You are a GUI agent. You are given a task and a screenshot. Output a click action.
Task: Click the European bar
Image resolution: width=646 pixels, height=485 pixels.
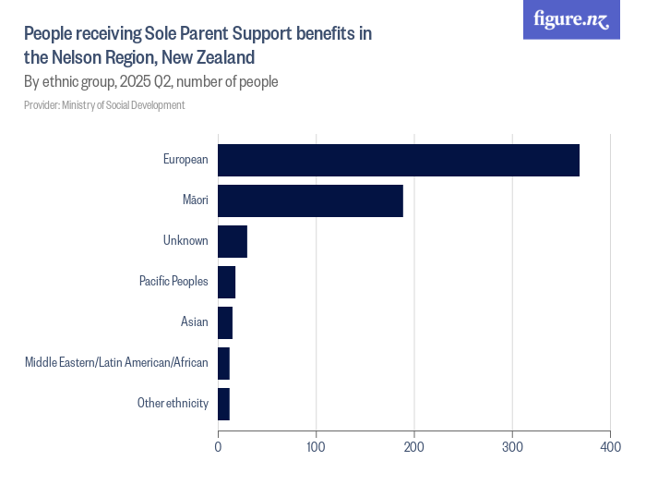tap(399, 160)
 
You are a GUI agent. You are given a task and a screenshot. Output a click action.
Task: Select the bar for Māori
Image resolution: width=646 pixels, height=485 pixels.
tap(310, 200)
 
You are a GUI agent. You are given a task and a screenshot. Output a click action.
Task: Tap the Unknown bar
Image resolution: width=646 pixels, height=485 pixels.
tap(233, 241)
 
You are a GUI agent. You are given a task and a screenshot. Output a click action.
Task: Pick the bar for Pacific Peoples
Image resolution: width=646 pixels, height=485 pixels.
tap(227, 282)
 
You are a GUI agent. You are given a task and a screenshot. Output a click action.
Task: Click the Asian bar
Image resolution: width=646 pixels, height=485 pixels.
tap(225, 322)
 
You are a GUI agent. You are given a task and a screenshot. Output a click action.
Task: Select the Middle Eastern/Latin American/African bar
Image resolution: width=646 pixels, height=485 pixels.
tap(223, 363)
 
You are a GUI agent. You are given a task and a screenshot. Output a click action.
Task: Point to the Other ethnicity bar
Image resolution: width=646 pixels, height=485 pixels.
tap(223, 404)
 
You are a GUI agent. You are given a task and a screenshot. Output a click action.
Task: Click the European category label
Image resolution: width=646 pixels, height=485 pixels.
tap(185, 160)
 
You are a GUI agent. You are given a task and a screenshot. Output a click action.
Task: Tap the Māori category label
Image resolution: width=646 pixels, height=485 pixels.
tap(195, 200)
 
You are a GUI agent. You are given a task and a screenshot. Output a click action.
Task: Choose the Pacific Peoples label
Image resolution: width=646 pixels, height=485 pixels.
tap(173, 282)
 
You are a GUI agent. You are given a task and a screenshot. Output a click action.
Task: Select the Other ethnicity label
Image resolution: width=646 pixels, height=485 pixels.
tap(173, 404)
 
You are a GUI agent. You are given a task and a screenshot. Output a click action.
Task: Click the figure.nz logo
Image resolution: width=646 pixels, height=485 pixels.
tap(571, 20)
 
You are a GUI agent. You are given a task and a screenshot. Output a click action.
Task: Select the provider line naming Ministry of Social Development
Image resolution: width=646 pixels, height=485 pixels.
tap(104, 105)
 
